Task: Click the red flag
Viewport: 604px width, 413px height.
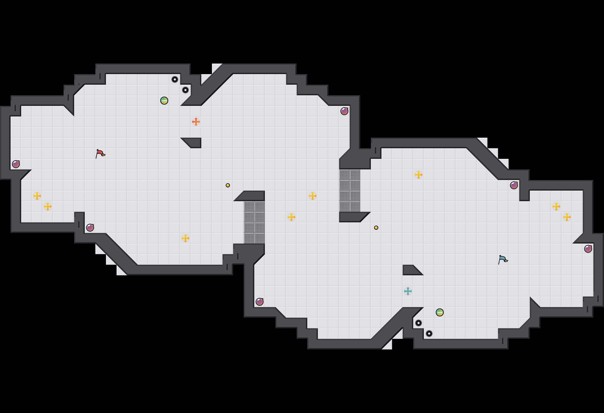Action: click(x=100, y=154)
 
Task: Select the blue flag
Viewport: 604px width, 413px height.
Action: click(x=503, y=259)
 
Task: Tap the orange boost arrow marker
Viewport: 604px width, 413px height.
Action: click(x=196, y=122)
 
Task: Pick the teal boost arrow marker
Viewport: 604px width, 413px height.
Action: click(x=408, y=291)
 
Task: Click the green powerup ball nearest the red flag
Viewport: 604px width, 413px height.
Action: click(x=164, y=101)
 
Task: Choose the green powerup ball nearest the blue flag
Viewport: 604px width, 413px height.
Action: click(x=440, y=312)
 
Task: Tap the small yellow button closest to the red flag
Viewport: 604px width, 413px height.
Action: click(x=228, y=185)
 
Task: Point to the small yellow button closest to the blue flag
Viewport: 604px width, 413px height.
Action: click(x=376, y=228)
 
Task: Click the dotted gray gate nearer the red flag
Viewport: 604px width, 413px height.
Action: click(x=254, y=222)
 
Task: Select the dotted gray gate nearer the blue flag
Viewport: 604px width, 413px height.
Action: click(x=350, y=191)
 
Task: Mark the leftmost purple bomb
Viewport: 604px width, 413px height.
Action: click(x=16, y=164)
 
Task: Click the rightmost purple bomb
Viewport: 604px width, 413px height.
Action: click(x=588, y=249)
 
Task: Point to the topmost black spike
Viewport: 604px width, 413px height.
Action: click(x=175, y=79)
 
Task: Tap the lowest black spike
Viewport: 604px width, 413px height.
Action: click(x=429, y=334)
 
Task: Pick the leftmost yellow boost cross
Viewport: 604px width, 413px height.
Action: click(x=37, y=196)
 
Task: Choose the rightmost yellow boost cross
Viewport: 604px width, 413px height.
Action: click(x=567, y=217)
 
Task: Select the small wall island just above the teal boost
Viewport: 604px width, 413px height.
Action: click(x=411, y=270)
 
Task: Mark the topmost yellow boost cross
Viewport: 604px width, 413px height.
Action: click(x=419, y=175)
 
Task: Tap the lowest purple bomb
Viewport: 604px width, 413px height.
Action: click(x=260, y=302)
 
